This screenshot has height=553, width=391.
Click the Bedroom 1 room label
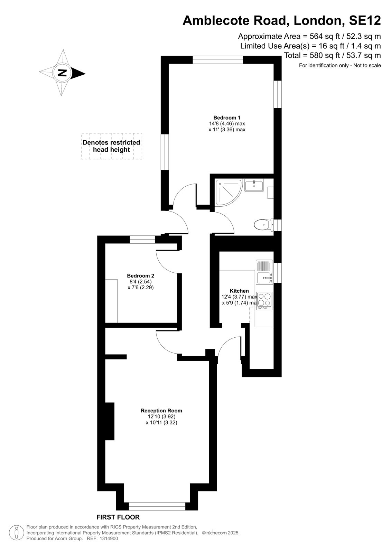pyautogui.click(x=227, y=118)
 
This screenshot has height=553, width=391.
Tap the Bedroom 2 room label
pyautogui.click(x=141, y=276)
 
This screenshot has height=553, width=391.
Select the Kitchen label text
pyautogui.click(x=239, y=291)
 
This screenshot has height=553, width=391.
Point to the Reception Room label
pyautogui.click(x=161, y=411)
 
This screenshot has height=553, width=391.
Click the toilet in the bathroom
pyautogui.click(x=263, y=225)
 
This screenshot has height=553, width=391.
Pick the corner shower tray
pyautogui.click(x=228, y=192)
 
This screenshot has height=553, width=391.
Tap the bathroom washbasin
pyautogui.click(x=254, y=185)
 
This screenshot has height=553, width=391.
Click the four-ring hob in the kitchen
pyautogui.click(x=264, y=301)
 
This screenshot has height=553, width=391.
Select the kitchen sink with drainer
pyautogui.click(x=264, y=272)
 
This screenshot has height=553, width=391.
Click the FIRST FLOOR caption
pyautogui.click(x=118, y=517)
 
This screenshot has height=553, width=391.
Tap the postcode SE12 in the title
pyautogui.click(x=365, y=21)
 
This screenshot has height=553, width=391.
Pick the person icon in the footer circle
pyautogui.click(x=17, y=533)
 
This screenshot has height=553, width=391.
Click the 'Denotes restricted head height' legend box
pyautogui.click(x=112, y=146)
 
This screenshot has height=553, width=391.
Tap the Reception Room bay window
pyautogui.click(x=157, y=506)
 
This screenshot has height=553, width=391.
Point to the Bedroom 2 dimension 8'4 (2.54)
pyautogui.click(x=141, y=281)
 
